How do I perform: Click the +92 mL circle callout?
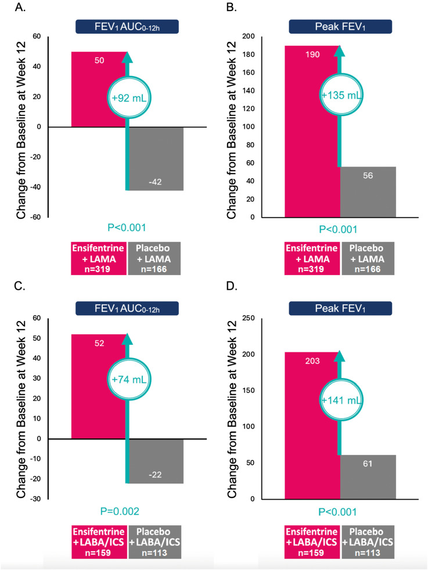tap(127, 98)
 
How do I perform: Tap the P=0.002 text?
tap(127, 512)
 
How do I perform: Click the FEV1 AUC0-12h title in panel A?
tap(127, 27)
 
